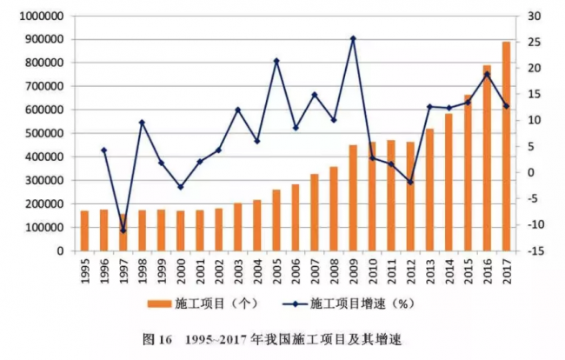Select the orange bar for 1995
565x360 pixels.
click(84, 230)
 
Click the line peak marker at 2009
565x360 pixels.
click(353, 38)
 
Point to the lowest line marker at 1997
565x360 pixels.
click(123, 230)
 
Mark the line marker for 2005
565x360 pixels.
click(276, 61)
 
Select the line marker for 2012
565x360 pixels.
click(409, 182)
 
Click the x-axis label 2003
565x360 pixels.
click(238, 272)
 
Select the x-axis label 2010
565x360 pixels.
click(372, 272)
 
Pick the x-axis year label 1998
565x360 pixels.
click(142, 272)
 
